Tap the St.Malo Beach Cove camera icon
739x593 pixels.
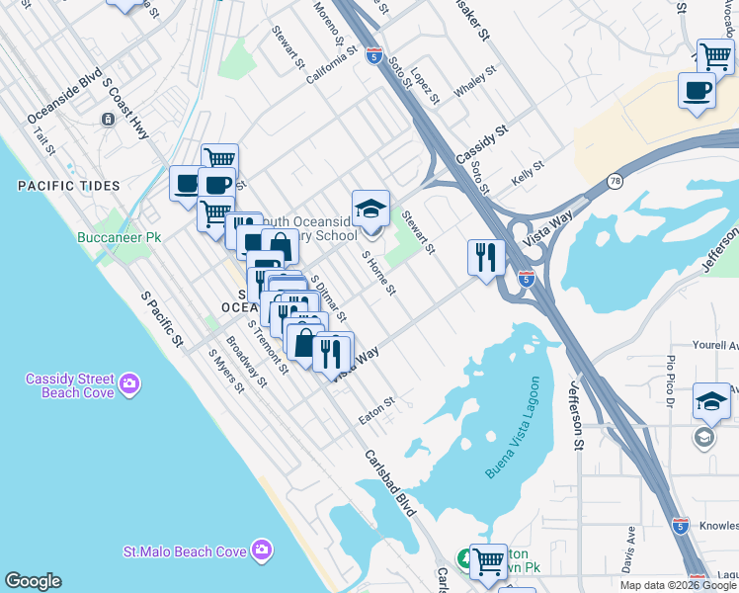262,549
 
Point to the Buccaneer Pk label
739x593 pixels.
120,238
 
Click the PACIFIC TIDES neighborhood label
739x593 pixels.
68,186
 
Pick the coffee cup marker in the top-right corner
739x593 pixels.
697,91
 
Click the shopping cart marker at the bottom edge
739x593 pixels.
487,561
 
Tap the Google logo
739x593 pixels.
33,581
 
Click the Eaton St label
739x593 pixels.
376,411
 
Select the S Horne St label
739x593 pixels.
378,273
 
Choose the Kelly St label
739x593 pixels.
529,175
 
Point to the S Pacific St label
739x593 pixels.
163,317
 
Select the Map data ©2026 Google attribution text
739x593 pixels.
677,585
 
